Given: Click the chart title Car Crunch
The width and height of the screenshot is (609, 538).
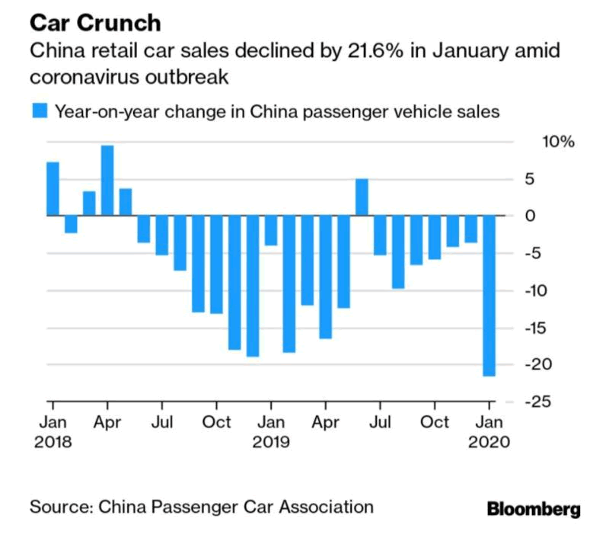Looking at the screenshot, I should [95, 23].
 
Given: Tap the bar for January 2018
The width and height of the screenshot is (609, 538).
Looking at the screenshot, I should [53, 189].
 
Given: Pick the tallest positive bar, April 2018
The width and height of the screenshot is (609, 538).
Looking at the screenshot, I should [107, 181].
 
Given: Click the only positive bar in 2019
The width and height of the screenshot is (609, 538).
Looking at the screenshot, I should [362, 197].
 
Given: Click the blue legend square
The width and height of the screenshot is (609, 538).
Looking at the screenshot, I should [38, 111].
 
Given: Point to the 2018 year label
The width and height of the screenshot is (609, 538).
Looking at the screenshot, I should [52, 441].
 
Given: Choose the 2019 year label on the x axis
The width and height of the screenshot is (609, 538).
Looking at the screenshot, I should [271, 441].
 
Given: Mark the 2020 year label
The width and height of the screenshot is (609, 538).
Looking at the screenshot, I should [490, 441].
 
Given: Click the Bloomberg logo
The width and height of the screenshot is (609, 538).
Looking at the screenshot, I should [534, 508].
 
